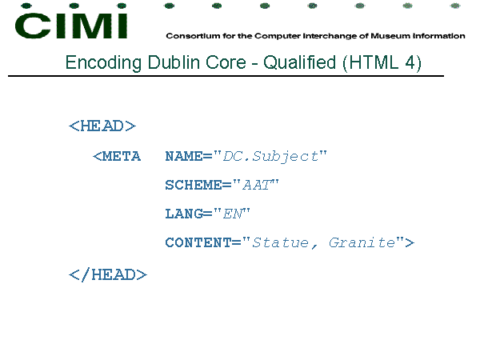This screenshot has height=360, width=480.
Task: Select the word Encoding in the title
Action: pyautogui.click(x=103, y=62)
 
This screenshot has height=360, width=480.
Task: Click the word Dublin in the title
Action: pyautogui.click(x=174, y=62)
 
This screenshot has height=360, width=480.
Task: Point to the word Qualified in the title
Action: pyautogui.click(x=300, y=62)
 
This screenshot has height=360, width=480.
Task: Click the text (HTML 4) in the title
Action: pyautogui.click(x=382, y=62)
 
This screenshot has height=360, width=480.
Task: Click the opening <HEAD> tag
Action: pyautogui.click(x=102, y=126)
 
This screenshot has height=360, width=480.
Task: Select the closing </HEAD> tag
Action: pyautogui.click(x=108, y=274)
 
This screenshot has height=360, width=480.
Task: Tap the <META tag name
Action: pyautogui.click(x=117, y=156)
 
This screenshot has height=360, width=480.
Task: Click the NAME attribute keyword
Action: pyautogui.click(x=184, y=156)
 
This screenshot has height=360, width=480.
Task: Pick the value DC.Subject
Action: pyautogui.click(x=270, y=157)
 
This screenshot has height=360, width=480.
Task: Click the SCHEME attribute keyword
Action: pyautogui.click(x=194, y=185)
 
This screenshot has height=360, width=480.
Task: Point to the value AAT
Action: pyautogui.click(x=257, y=185)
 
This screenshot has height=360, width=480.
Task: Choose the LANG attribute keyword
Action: pyautogui.click(x=184, y=214)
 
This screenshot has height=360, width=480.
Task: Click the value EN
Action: pyautogui.click(x=233, y=214)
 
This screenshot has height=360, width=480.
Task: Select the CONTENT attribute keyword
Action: pyautogui.click(x=198, y=242)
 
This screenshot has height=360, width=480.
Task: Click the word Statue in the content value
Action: pyautogui.click(x=281, y=242)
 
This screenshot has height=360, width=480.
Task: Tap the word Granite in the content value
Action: pyautogui.click(x=362, y=242)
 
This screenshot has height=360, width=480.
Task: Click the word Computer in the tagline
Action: pyautogui.click(x=278, y=36)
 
